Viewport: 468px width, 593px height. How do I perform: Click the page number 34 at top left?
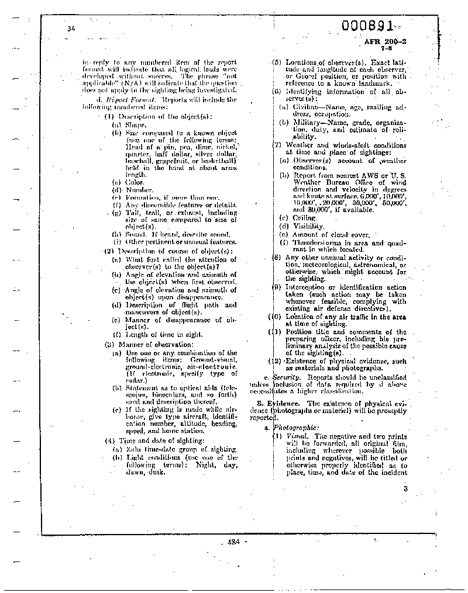tap(71, 29)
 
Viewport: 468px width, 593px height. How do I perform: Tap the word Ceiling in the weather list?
tap(305, 218)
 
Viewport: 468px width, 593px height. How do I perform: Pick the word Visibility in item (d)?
tap(309, 226)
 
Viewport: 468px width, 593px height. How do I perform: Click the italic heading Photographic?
tap(298, 428)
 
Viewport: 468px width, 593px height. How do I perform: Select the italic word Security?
tap(286, 377)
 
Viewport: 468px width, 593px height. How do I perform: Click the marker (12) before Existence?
tap(275, 361)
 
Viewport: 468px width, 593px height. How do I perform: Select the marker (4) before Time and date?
tap(110, 440)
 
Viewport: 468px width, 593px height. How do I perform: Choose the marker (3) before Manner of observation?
tap(110, 344)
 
